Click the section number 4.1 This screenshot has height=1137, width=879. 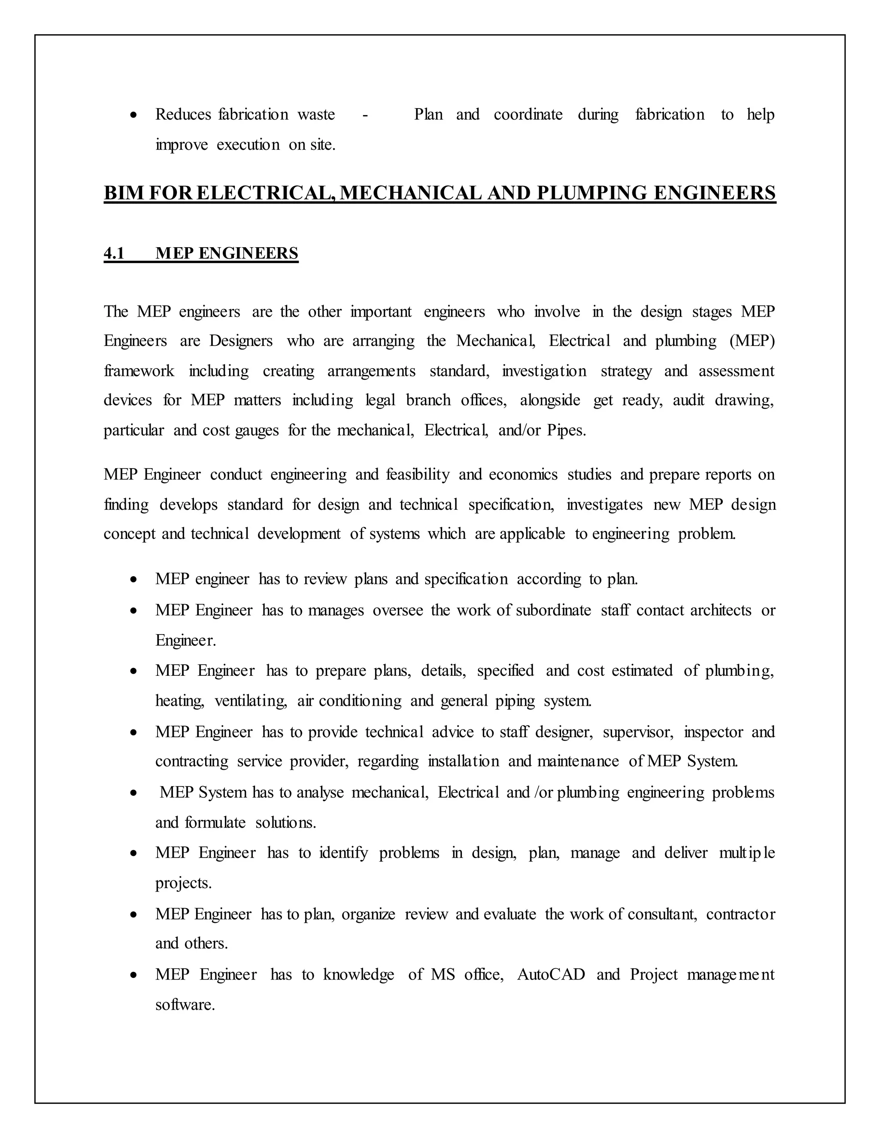coord(114,254)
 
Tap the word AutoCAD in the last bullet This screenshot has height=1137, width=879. coord(551,974)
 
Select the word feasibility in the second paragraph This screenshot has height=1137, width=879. coord(418,475)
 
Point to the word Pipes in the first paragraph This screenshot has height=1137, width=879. coord(566,430)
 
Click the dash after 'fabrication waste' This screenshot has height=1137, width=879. coord(365,115)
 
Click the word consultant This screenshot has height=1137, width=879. coord(662,914)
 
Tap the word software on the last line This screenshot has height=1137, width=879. coord(185,1005)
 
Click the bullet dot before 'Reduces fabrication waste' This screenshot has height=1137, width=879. coord(134,115)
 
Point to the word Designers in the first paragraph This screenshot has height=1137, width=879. coord(241,341)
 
